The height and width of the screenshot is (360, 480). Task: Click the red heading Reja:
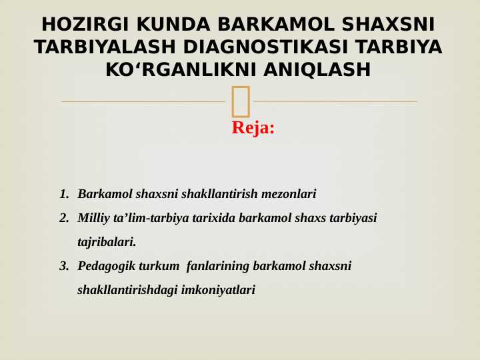pos(253,127)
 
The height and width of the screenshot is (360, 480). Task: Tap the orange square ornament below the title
pos(241,101)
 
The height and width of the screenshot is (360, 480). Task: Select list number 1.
pos(64,194)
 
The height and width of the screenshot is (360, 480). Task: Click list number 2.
pos(64,218)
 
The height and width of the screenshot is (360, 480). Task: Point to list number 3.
pos(64,266)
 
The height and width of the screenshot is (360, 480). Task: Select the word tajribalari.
pos(107,242)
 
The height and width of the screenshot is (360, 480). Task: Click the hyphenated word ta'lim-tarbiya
pos(148,218)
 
